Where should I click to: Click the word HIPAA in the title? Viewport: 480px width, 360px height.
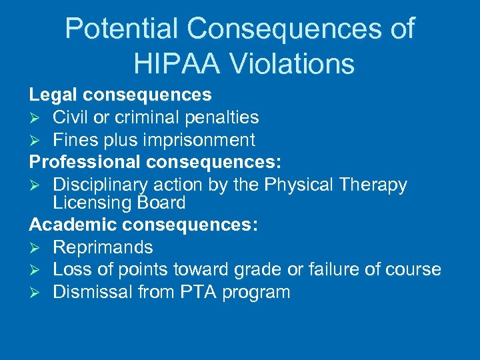point(173,64)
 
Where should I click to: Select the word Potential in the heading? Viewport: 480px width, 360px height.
point(122,29)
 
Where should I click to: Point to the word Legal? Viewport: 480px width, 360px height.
point(52,95)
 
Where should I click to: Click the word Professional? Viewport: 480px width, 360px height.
point(85,162)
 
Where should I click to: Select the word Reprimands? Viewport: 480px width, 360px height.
point(103,247)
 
